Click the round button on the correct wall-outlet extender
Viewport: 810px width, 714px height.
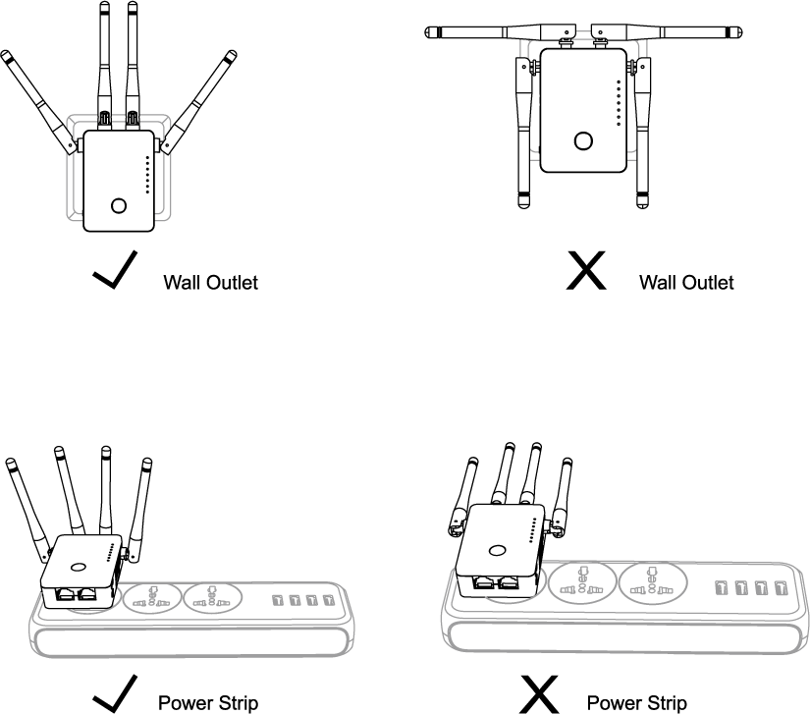[119, 206]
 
